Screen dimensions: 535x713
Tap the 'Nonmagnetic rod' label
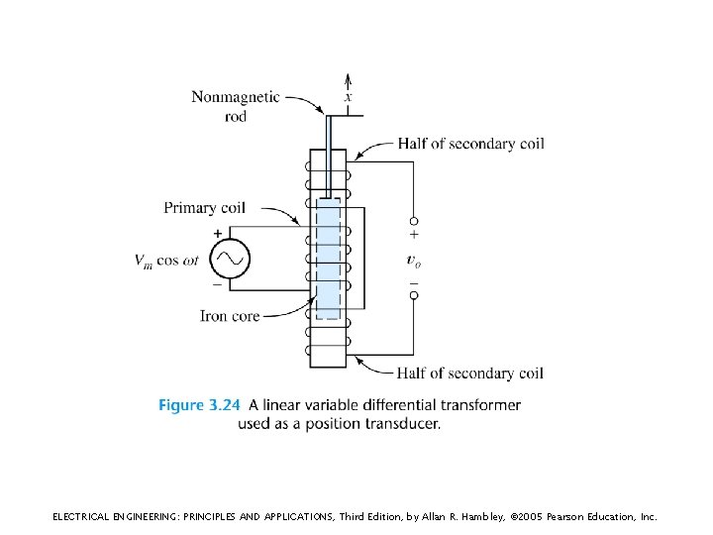(236, 106)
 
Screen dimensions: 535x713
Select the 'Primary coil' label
(205, 208)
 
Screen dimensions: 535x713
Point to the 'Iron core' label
(230, 316)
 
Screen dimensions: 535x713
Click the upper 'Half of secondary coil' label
(470, 144)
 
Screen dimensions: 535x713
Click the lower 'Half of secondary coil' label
(470, 374)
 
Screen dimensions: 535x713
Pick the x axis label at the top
(348, 97)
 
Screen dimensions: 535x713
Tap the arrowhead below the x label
(348, 79)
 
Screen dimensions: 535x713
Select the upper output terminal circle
(414, 220)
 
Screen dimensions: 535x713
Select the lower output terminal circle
(414, 294)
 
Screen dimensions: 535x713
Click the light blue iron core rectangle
(328, 258)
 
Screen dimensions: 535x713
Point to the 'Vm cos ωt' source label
(168, 261)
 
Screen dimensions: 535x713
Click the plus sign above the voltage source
(218, 233)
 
